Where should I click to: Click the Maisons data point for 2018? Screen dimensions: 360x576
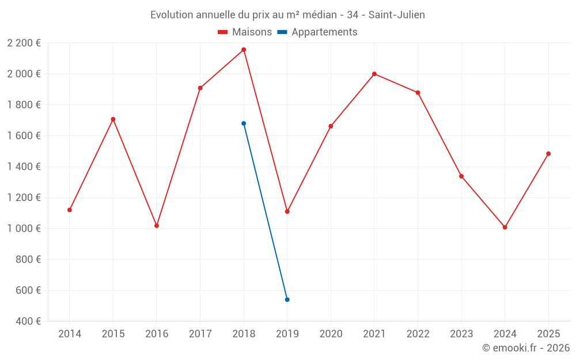[244, 50]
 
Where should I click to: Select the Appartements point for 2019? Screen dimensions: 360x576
[287, 300]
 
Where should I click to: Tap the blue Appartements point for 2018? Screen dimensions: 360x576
[244, 123]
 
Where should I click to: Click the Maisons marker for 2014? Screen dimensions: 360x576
[70, 210]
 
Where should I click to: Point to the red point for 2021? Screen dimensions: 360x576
[374, 74]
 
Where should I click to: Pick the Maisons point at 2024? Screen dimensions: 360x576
[505, 227]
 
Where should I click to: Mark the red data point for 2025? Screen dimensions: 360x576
[548, 154]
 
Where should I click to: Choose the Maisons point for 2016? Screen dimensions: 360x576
[157, 226]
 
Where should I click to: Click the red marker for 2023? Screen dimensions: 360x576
[461, 176]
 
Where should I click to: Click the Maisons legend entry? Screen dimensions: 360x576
[245, 32]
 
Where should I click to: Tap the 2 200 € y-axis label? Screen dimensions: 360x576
[24, 43]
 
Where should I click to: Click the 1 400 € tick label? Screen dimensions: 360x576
[24, 166]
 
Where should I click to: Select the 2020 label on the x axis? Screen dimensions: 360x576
[331, 334]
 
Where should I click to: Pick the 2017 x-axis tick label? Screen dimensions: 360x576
[200, 334]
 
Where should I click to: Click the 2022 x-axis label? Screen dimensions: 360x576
[418, 334]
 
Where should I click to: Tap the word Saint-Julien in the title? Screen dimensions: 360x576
[397, 15]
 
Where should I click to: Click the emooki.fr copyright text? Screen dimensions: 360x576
[525, 348]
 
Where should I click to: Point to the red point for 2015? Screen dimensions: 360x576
[113, 119]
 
